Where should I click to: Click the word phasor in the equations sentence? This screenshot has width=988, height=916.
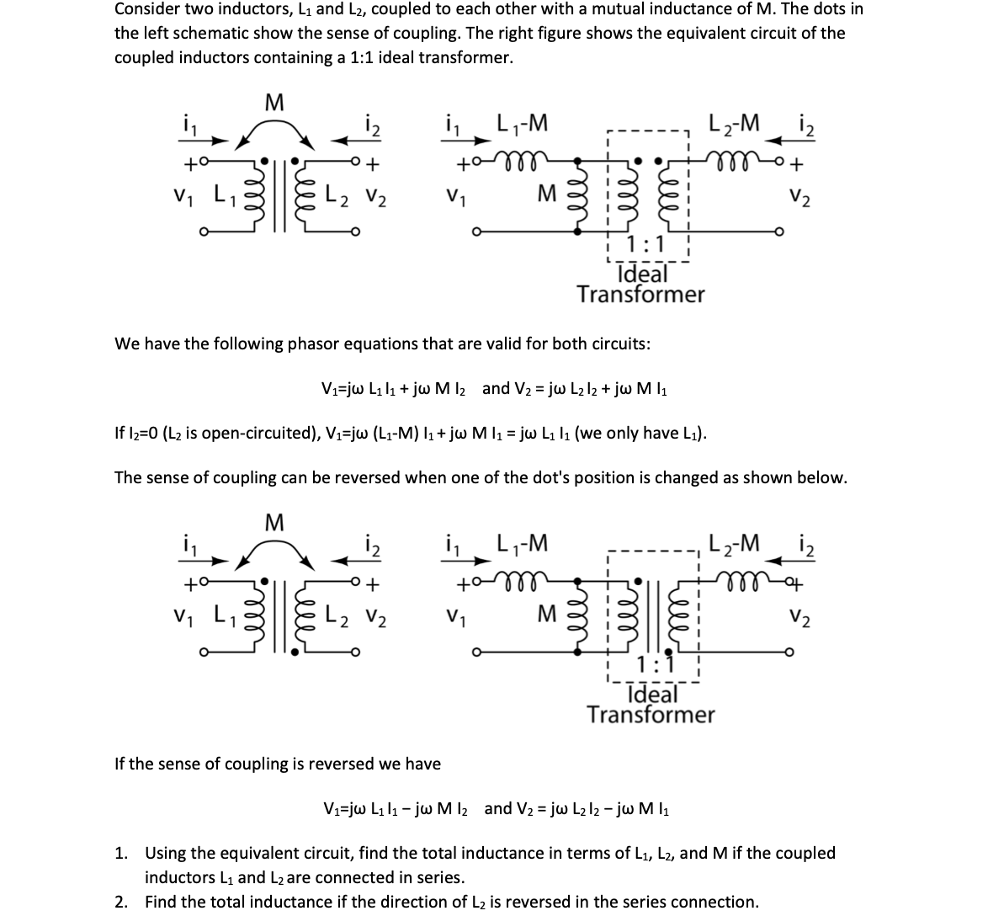pyautogui.click(x=316, y=343)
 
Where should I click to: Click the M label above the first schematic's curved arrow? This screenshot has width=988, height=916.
pyautogui.click(x=274, y=104)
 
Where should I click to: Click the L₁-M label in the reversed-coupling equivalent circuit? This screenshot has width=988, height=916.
pyautogui.click(x=523, y=545)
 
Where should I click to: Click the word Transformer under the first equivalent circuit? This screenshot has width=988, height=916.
pyautogui.click(x=640, y=295)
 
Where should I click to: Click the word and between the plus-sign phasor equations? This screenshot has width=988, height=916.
pyautogui.click(x=496, y=388)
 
